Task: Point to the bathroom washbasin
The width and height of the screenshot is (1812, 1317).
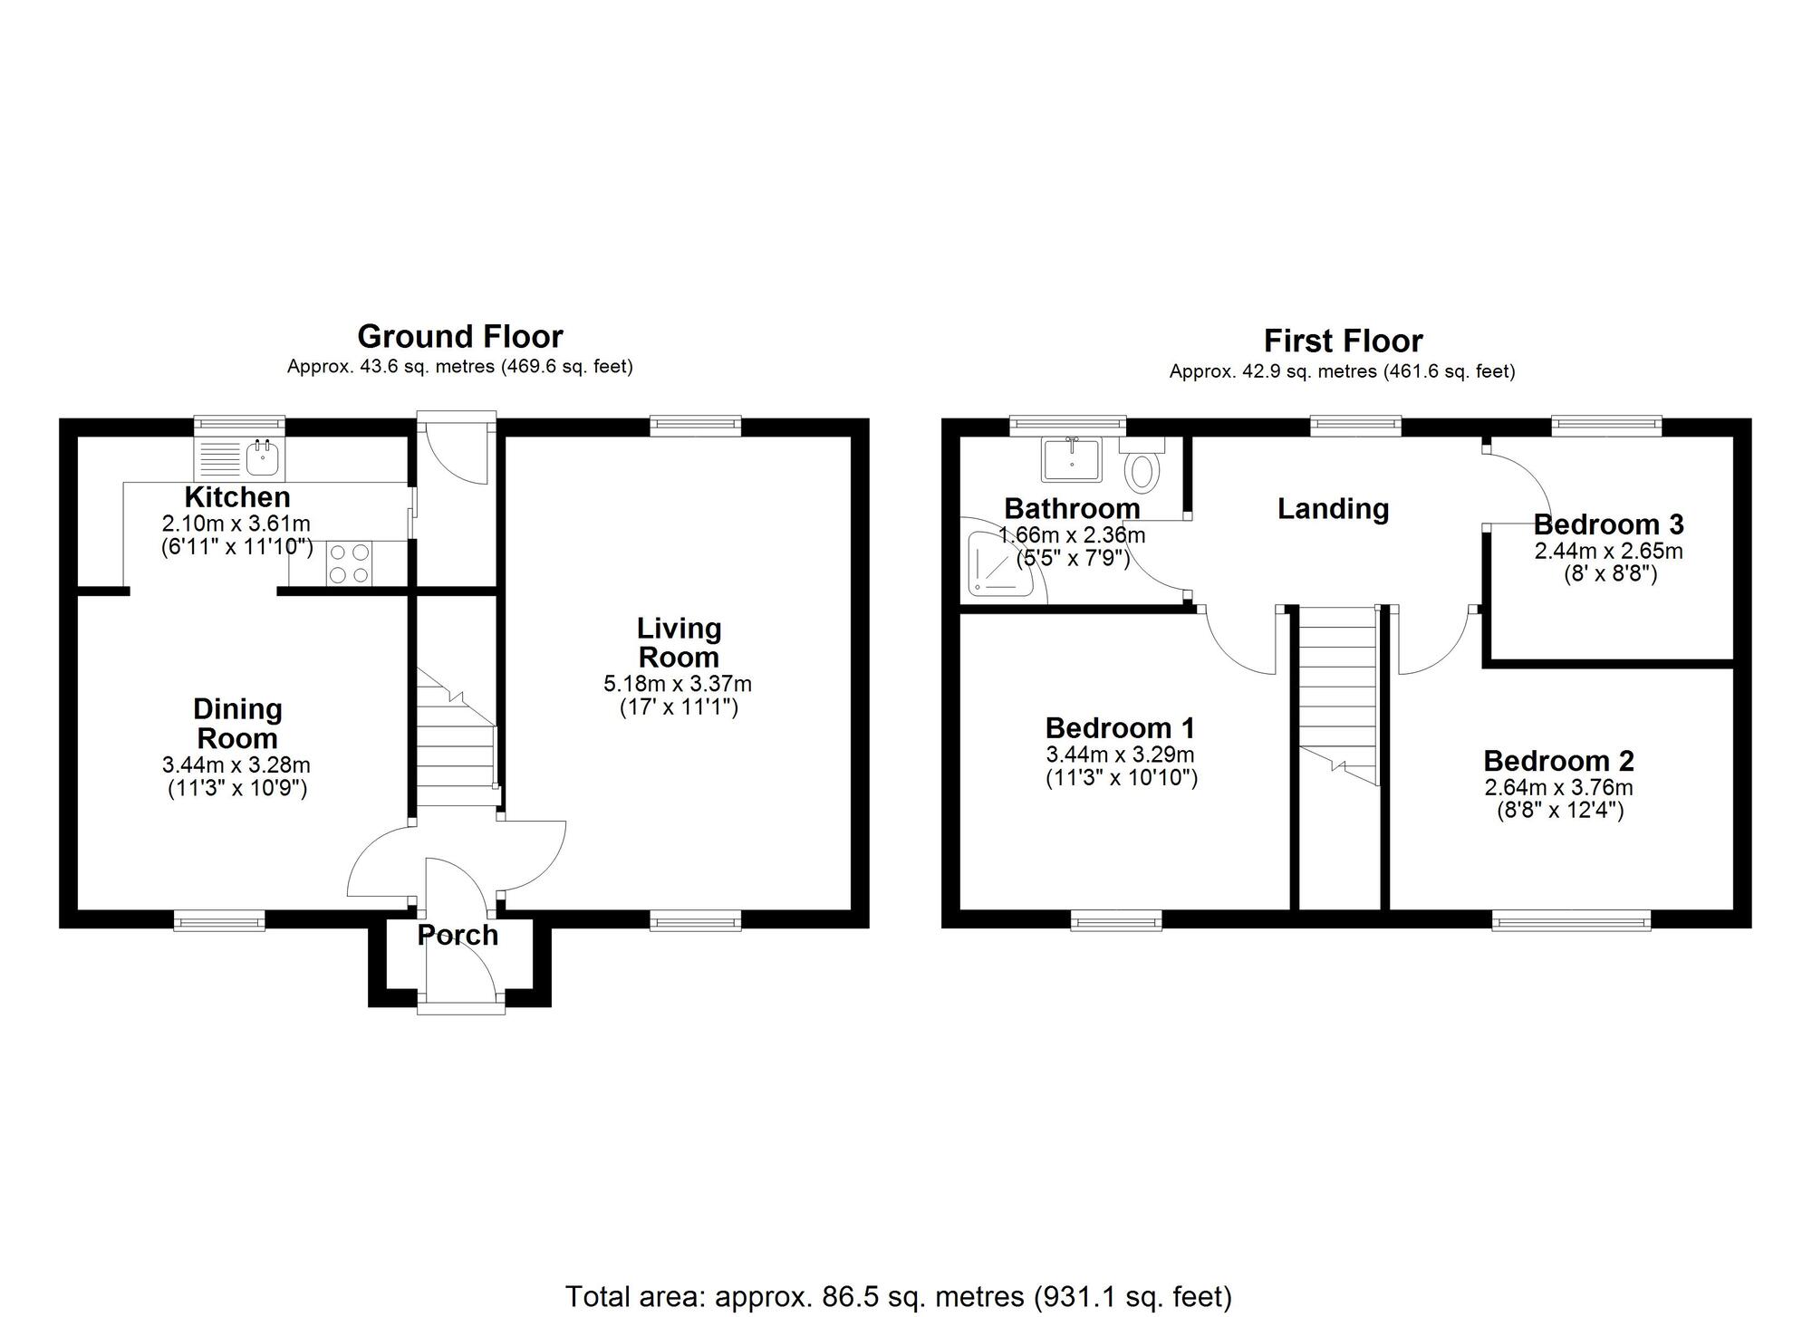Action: (1071, 459)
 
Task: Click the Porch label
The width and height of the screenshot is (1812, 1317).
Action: (458, 936)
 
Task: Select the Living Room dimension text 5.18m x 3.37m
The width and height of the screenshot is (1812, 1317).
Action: (678, 684)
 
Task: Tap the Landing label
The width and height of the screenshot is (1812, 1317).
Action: (1333, 509)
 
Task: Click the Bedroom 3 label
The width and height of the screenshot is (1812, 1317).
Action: (1608, 524)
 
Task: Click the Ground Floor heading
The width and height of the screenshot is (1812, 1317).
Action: (460, 337)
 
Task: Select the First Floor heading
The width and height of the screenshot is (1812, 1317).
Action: (1343, 341)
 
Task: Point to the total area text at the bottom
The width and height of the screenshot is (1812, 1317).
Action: (898, 1296)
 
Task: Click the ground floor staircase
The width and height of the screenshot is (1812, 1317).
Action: (456, 743)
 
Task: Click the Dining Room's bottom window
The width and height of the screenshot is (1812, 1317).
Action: (220, 921)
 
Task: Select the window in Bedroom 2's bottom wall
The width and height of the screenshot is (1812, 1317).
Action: (1571, 922)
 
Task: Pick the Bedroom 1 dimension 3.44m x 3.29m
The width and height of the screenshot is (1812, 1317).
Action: (1120, 755)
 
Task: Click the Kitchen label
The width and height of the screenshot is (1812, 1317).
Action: (237, 497)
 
